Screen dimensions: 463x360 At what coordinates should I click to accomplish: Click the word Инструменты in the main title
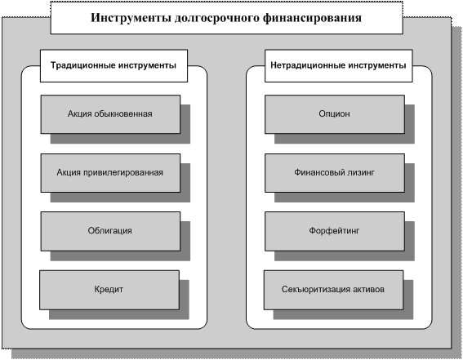pyautogui.click(x=131, y=18)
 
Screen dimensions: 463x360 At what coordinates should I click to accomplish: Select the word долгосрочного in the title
pyautogui.click(x=216, y=19)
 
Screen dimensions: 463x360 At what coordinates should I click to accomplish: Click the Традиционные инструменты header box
pyautogui.click(x=114, y=66)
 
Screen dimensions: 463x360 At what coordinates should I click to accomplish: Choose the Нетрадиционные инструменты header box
pyautogui.click(x=338, y=66)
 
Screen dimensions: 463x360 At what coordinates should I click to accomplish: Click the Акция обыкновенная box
pyautogui.click(x=110, y=114)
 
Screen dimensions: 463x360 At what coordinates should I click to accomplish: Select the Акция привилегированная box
pyautogui.click(x=110, y=173)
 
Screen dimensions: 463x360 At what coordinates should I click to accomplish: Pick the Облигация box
pyautogui.click(x=110, y=231)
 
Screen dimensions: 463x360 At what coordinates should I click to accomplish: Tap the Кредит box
pyautogui.click(x=109, y=290)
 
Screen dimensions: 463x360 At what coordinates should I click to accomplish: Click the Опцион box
pyautogui.click(x=335, y=114)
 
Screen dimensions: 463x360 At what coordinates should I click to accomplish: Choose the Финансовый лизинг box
pyautogui.click(x=335, y=173)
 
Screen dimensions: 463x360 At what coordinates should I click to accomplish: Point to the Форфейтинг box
pyautogui.click(x=335, y=231)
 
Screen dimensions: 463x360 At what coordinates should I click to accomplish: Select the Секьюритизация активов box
pyautogui.click(x=333, y=290)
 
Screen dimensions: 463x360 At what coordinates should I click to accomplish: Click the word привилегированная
pyautogui.click(x=123, y=173)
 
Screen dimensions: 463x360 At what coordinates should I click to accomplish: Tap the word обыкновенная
pyautogui.click(x=123, y=113)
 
